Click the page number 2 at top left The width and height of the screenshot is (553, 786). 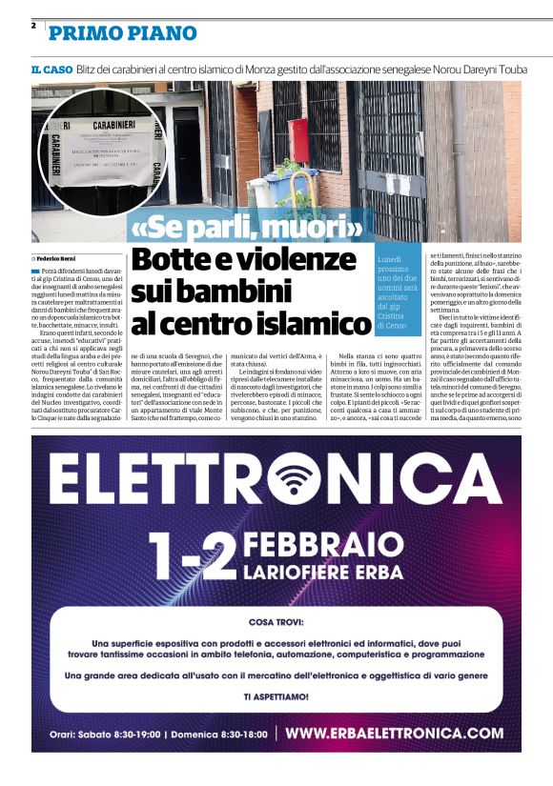[33, 26]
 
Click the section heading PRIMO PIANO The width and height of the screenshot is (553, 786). [123, 33]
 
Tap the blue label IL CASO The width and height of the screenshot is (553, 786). [51, 71]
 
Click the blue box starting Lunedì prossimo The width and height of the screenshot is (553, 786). [397, 292]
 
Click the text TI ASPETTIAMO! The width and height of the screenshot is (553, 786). [276, 696]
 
